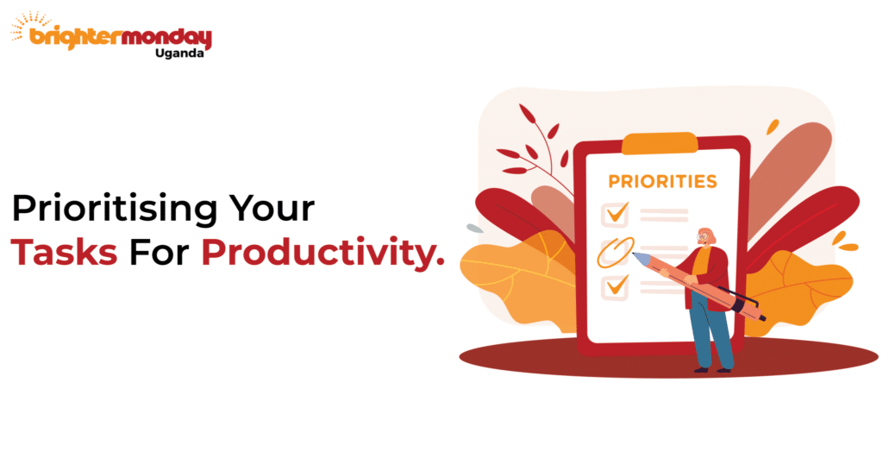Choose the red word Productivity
point(323,252)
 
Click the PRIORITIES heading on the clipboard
point(662,182)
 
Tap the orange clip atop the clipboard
point(660,143)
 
